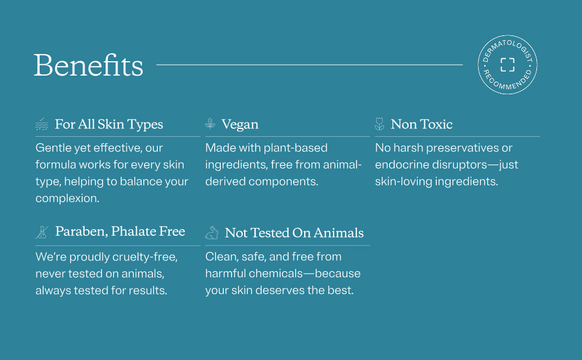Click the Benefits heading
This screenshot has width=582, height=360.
[88, 65]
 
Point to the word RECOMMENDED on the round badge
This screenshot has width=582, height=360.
[507, 82]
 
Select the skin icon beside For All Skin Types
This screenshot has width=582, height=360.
[41, 124]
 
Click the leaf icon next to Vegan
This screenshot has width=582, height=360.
[210, 124]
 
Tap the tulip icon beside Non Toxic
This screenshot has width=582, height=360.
[379, 124]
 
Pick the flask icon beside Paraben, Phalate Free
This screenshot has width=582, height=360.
[42, 232]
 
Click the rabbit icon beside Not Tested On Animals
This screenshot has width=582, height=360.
[212, 233]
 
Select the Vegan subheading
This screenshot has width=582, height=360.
[240, 124]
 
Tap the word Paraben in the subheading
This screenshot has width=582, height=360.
[81, 232]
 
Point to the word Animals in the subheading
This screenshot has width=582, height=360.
[338, 233]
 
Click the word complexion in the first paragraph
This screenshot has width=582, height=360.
[67, 198]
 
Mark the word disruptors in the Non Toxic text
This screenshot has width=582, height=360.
[460, 165]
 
